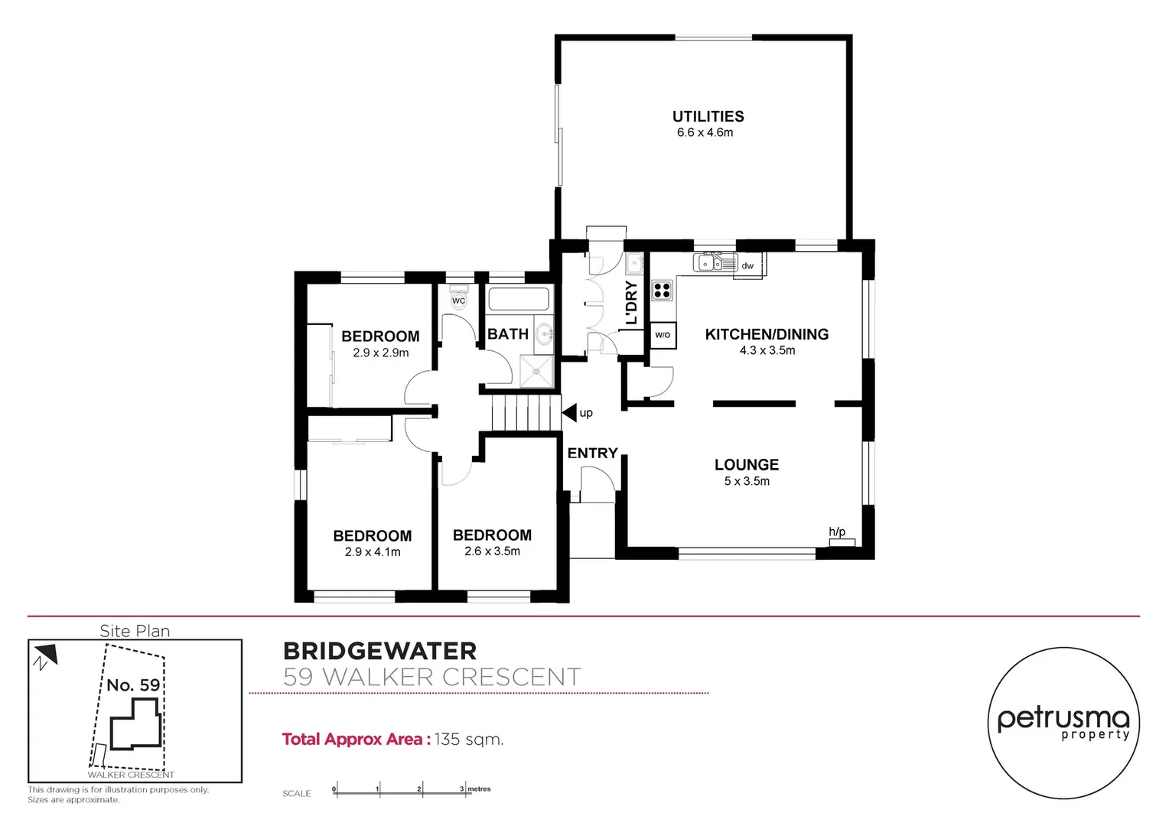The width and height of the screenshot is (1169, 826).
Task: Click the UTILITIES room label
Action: coord(708,116)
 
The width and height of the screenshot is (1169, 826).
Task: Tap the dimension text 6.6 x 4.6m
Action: coord(705,133)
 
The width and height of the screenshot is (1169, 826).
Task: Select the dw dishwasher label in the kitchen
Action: coord(747,266)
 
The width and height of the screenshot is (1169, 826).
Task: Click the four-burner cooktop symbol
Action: coord(662,290)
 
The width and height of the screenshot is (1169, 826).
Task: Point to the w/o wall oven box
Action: coord(663,335)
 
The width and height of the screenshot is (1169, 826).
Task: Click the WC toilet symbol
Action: coord(458,298)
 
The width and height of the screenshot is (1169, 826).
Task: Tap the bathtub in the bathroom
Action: coord(519,299)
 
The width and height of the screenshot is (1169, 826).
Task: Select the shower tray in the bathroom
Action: coord(537,372)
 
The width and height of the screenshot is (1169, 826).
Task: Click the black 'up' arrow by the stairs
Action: coord(570,413)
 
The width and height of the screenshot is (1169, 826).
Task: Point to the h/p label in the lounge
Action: coord(837,532)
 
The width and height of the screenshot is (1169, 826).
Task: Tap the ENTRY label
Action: coord(592,454)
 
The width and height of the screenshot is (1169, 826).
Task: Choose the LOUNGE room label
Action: coord(746,465)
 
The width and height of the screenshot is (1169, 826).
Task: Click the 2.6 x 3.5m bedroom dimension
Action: coord(492,551)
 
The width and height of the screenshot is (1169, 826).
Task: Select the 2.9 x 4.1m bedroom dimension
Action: coord(373,552)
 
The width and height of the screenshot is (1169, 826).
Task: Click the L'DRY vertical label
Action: coord(631,302)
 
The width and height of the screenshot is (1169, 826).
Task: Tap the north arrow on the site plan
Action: coord(45,655)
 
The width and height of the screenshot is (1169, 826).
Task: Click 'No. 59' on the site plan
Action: coord(133,685)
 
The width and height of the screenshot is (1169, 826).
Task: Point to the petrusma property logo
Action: coord(1063,724)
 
